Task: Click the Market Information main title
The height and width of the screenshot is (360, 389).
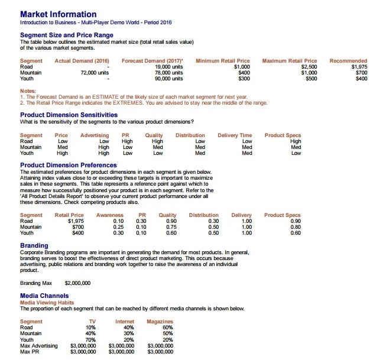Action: (x=58, y=14)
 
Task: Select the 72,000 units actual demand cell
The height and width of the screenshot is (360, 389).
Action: (x=95, y=73)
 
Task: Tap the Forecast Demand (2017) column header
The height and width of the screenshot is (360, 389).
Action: (x=152, y=61)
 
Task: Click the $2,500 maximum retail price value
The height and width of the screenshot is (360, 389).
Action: (x=309, y=67)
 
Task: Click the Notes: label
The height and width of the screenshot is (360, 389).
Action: (x=28, y=90)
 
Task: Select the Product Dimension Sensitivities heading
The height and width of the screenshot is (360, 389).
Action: (x=69, y=115)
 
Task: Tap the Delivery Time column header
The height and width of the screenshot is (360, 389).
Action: (x=235, y=135)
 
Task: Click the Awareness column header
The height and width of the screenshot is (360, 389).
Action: (x=109, y=215)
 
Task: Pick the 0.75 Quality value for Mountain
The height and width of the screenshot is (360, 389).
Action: (x=171, y=227)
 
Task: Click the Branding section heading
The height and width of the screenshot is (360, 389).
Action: (x=34, y=245)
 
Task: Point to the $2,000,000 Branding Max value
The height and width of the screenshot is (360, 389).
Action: (x=77, y=283)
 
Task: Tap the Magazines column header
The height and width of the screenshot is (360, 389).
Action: (x=160, y=322)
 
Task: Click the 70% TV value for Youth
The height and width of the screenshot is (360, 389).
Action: (x=90, y=339)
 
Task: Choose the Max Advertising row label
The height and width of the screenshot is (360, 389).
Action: (x=39, y=345)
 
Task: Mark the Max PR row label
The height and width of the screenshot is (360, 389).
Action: (x=30, y=351)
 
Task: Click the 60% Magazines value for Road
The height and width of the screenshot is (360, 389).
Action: (x=167, y=327)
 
